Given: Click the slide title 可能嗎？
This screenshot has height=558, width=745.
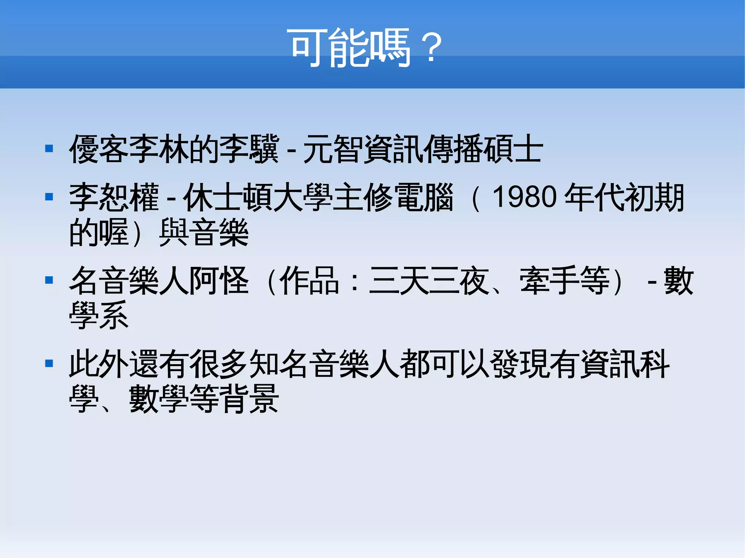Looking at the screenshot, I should (x=366, y=48).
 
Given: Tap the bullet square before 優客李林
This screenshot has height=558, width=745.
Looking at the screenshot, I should (x=49, y=149).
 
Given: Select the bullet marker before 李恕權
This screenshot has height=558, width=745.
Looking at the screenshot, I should (x=49, y=197).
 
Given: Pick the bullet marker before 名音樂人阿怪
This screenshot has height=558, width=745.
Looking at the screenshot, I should (x=49, y=280).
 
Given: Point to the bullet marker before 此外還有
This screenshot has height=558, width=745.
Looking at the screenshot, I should (x=49, y=364).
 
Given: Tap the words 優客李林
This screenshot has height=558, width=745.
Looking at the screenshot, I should (x=129, y=149).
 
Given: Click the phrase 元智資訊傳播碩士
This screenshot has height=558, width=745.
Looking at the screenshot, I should (x=423, y=149).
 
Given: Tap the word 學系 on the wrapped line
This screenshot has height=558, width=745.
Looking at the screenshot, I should (x=99, y=315).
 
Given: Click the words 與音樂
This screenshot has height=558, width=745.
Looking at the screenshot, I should (x=204, y=232).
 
